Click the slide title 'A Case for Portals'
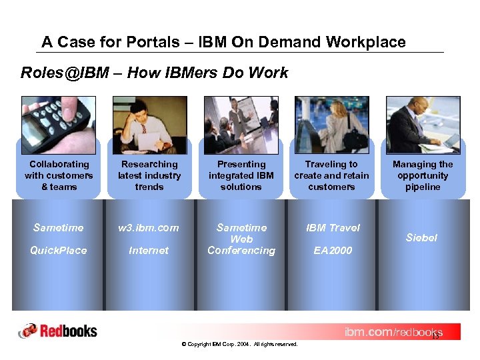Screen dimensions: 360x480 pyautogui.click(x=223, y=42)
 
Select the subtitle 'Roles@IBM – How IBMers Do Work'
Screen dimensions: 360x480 pyautogui.click(x=154, y=73)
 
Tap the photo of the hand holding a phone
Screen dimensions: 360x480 pyautogui.click(x=58, y=125)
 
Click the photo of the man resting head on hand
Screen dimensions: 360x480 pyautogui.click(x=149, y=125)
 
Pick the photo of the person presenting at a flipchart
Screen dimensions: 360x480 pyautogui.click(x=241, y=125)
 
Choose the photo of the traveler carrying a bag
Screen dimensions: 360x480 pyautogui.click(x=331, y=125)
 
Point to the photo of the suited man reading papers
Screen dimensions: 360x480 pyautogui.click(x=423, y=125)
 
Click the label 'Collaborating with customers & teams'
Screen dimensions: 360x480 pyautogui.click(x=59, y=175)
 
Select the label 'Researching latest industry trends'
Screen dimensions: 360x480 pyautogui.click(x=149, y=175)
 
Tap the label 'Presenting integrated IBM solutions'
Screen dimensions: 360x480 pyautogui.click(x=241, y=175)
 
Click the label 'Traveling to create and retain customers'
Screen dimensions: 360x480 pyautogui.click(x=331, y=175)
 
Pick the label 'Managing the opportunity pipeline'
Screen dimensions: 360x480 pyautogui.click(x=423, y=175)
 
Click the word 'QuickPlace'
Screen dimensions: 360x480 pyautogui.click(x=59, y=251)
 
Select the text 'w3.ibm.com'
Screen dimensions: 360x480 pyautogui.click(x=149, y=228)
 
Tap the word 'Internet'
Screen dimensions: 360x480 pyautogui.click(x=149, y=251)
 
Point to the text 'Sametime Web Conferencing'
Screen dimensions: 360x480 pyautogui.click(x=241, y=239)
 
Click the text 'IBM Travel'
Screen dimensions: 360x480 pyautogui.click(x=333, y=228)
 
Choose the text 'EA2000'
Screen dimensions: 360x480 pyautogui.click(x=333, y=251)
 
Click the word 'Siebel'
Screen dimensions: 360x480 pyautogui.click(x=422, y=238)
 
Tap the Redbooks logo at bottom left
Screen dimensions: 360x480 pyautogui.click(x=58, y=331)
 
